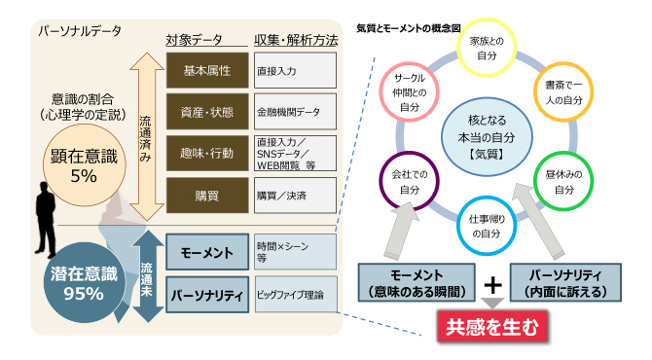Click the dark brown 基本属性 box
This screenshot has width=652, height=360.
[x=207, y=70]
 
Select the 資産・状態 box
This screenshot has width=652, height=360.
[x=207, y=112]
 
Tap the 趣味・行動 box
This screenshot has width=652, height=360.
[x=207, y=153]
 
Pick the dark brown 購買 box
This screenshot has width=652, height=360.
[x=207, y=196]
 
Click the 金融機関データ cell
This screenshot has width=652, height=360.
[x=295, y=112]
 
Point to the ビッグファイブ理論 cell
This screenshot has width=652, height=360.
[x=296, y=294]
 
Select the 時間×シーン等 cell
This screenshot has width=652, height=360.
[x=295, y=251]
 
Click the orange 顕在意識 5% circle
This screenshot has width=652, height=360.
[x=85, y=165]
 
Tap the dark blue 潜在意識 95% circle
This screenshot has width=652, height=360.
[x=85, y=283]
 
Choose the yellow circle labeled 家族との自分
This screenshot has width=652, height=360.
[x=487, y=48]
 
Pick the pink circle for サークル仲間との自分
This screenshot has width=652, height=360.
[x=409, y=91]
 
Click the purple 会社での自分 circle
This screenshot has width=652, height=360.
[x=409, y=181]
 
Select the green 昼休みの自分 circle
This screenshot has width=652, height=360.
[x=563, y=181]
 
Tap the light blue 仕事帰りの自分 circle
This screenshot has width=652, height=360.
[x=487, y=226]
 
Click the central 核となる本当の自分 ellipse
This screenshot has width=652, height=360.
[x=487, y=137]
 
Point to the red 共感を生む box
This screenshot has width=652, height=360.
[x=491, y=327]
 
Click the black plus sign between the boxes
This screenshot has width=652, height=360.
[x=492, y=285]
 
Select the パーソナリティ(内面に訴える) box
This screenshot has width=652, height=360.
[x=565, y=282]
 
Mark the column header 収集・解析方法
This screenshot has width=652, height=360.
[x=296, y=40]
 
